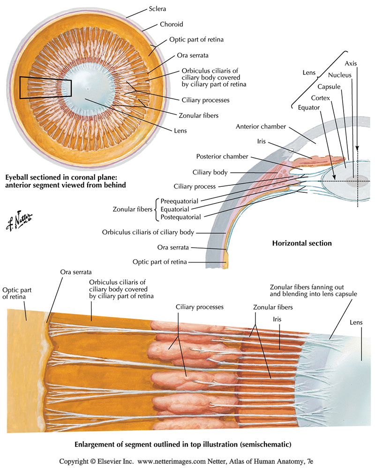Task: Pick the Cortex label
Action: pos(322,98)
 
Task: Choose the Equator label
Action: pos(309,108)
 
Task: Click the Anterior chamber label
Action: pos(261,126)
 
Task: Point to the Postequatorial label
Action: pos(180,217)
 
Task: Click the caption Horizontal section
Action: pos(302,243)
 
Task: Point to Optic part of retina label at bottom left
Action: pos(14,293)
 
